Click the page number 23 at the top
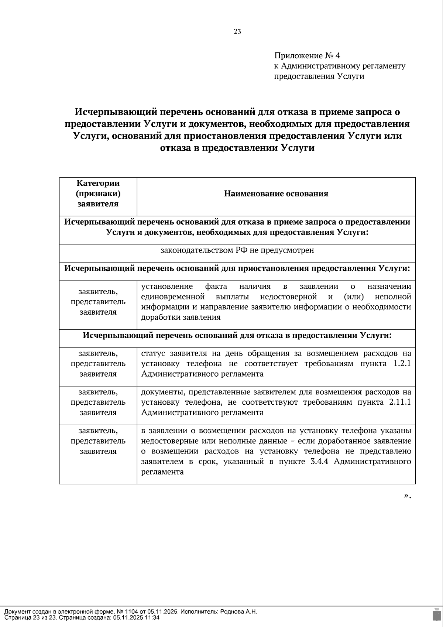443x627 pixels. (x=237, y=32)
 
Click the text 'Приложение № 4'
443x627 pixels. (x=307, y=56)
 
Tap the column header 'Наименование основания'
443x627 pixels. (x=276, y=194)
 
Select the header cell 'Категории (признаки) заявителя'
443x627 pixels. (x=98, y=193)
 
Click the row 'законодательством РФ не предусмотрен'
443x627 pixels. (x=237, y=250)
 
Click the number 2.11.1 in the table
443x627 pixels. (x=400, y=402)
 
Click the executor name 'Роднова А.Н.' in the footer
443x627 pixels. (x=238, y=612)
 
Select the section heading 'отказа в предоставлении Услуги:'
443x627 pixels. (x=237, y=336)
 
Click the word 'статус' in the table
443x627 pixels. (x=152, y=353)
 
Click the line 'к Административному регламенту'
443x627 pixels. (x=339, y=66)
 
